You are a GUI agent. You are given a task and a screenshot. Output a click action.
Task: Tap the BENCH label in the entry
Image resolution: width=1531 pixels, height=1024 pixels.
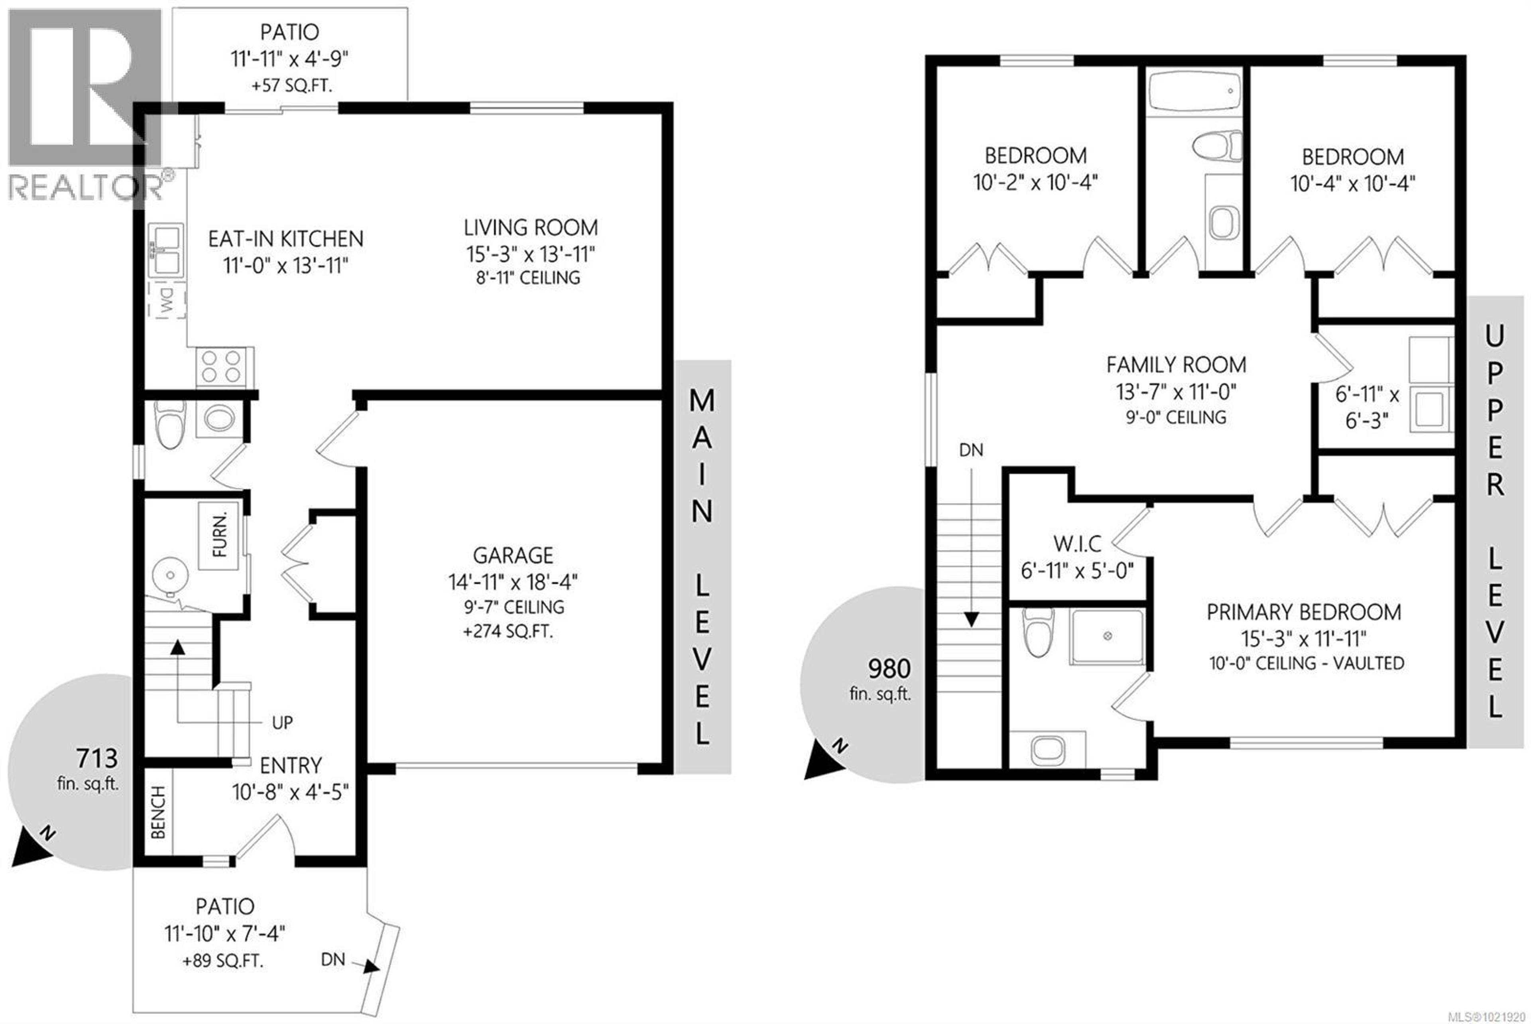(x=158, y=812)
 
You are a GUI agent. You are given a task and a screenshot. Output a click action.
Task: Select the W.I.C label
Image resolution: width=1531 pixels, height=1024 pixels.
(x=1077, y=544)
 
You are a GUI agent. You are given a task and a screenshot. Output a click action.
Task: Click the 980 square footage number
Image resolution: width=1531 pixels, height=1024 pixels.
(x=889, y=669)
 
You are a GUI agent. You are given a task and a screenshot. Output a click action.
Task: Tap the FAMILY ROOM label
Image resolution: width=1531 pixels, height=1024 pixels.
(x=1176, y=364)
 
